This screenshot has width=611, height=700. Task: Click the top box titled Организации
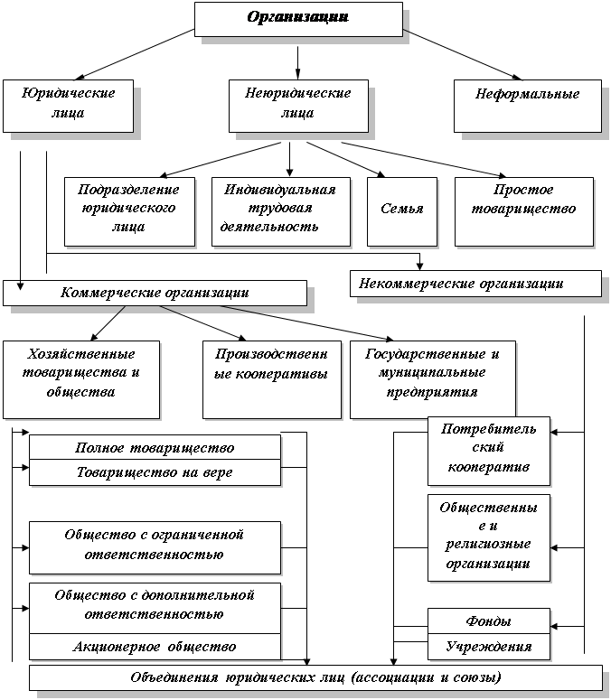[298, 19]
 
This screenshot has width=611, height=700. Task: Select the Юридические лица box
[69, 106]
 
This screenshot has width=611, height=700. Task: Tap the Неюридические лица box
[298, 106]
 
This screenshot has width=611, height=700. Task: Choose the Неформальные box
[528, 106]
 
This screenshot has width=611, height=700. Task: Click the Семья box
[402, 211]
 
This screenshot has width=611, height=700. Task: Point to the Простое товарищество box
[524, 211]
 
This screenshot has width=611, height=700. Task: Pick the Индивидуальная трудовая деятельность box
[281, 211]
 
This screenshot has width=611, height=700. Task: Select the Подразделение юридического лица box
[129, 211]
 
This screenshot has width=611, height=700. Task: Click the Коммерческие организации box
[155, 293]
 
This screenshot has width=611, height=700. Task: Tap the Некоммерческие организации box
[475, 283]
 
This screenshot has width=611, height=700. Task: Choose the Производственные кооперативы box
[272, 379]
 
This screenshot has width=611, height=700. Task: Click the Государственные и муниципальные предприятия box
[433, 379]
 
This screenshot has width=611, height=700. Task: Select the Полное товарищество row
[155, 447]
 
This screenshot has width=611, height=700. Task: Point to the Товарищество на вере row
[155, 472]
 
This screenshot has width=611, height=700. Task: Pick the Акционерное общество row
[155, 647]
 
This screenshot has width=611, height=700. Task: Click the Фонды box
[489, 621]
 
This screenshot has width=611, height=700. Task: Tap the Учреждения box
[489, 647]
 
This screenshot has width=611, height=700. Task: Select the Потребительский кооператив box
[489, 451]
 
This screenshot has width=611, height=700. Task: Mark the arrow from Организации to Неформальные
[462, 55]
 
